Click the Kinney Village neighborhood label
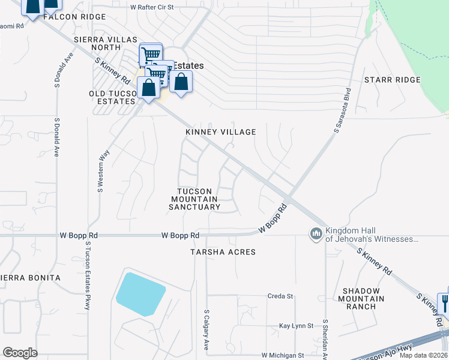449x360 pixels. [x=220, y=132]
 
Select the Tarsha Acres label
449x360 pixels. [x=223, y=252]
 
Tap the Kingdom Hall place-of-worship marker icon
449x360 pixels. [x=316, y=233]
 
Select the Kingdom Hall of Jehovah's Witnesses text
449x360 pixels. [x=371, y=235]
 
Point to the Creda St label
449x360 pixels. [x=280, y=296]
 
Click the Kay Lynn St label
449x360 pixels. [x=297, y=326]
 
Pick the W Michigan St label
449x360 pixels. [x=282, y=355]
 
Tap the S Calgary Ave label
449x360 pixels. [x=206, y=330]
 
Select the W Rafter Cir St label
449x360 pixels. [x=152, y=7]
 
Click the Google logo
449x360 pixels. [x=20, y=353]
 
